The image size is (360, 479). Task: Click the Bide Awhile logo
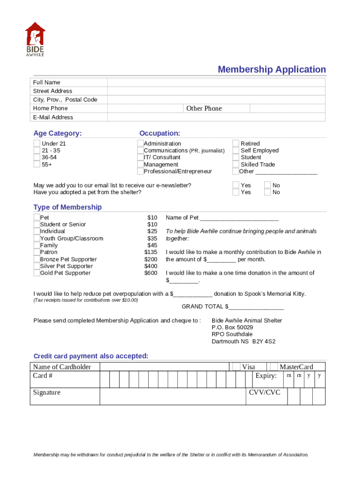tap(35, 39)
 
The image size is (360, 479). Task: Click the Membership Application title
tap(272, 70)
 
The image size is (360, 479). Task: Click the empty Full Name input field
tap(216, 82)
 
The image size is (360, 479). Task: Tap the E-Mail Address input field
tap(216, 117)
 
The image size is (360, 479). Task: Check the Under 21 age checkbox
tap(37, 144)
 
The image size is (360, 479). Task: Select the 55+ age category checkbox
tap(37, 165)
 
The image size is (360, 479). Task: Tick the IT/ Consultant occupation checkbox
tap(140, 158)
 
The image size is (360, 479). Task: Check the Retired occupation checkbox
tap(236, 144)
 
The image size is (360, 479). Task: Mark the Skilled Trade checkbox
tap(236, 165)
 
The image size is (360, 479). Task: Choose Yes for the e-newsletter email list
tap(236, 185)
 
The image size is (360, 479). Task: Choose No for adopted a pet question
tap(267, 192)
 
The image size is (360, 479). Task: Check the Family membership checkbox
tap(36, 245)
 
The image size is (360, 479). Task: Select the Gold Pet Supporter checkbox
tap(36, 273)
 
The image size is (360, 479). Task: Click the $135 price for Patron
tap(151, 252)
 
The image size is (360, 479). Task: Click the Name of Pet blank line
tap(239, 218)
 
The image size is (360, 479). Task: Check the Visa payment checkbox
tap(236, 367)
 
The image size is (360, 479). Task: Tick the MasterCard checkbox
tap(274, 367)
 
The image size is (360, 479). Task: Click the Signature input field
tap(173, 396)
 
